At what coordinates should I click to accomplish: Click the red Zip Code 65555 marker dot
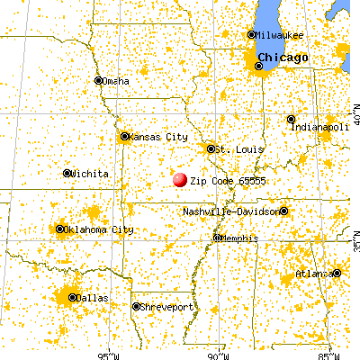coord(179,180)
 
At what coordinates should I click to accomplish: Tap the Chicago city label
coord(285,58)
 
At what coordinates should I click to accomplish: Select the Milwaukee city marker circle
coord(251,35)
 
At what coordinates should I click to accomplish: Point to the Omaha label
coord(116,81)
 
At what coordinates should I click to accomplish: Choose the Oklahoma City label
coord(100,229)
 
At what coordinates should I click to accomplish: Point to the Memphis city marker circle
coord(216,238)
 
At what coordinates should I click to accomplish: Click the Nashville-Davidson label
coord(231,211)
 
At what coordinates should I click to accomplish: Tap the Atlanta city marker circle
coord(336,272)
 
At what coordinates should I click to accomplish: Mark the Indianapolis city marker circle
coord(291,119)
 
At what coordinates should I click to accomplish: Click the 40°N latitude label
coord(355,114)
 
